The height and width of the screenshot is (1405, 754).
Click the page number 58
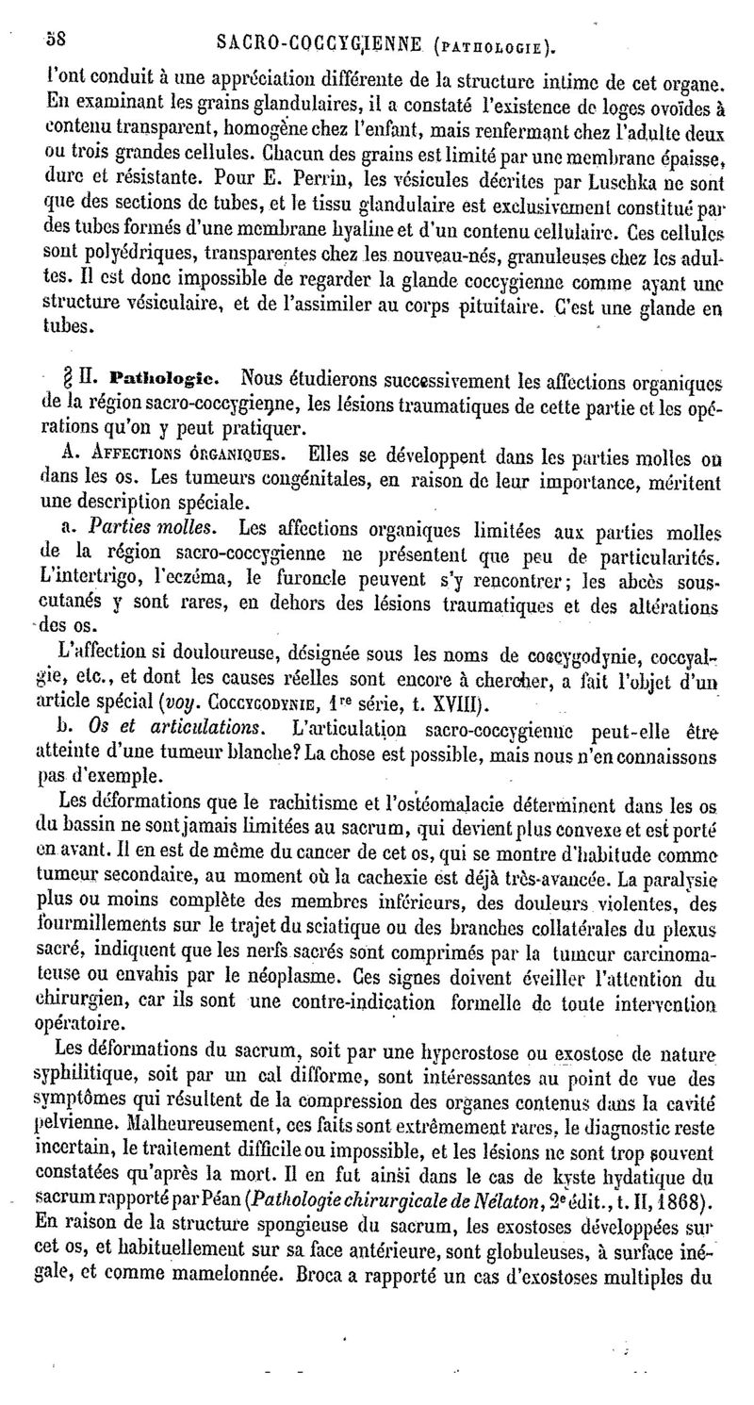click(x=56, y=40)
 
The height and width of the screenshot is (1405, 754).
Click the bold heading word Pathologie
click(x=166, y=380)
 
